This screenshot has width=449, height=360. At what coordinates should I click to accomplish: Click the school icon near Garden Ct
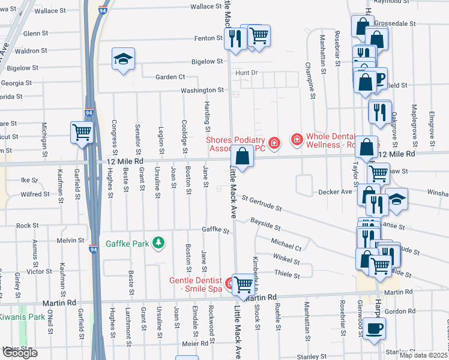pos(123,59)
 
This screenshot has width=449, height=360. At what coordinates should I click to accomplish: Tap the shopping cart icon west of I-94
pos(82,132)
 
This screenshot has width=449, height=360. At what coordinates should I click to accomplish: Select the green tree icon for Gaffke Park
pos(158,243)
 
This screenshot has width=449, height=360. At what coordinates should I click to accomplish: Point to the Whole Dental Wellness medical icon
pos(296,140)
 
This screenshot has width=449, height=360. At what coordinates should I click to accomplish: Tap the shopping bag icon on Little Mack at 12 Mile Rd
pos(242,157)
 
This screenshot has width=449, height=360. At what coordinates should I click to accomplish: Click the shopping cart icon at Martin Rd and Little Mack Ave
pos(243,284)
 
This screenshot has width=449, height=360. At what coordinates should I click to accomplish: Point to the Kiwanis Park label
pos(22,316)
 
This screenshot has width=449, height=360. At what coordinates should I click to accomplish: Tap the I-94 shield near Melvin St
pos(93,249)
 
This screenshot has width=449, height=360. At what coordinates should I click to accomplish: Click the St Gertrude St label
pos(262,203)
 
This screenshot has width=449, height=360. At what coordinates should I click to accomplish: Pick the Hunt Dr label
pos(246,73)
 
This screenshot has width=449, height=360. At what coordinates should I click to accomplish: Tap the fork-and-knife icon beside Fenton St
pos(235,40)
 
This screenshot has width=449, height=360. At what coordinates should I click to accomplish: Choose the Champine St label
pos(311,80)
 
